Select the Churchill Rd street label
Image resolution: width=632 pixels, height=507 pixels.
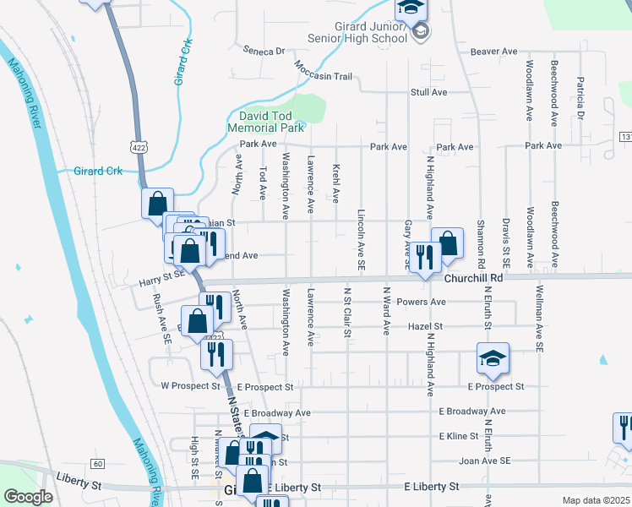pyautogui.click(x=473, y=277)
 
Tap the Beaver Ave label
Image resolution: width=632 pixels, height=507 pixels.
pyautogui.click(x=493, y=52)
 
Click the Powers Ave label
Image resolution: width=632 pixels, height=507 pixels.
pyautogui.click(x=426, y=302)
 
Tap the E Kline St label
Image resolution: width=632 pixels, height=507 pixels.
pyautogui.click(x=458, y=436)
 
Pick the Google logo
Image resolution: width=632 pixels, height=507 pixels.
pyautogui.click(x=28, y=497)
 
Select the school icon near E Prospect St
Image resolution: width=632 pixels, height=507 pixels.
pyautogui.click(x=493, y=359)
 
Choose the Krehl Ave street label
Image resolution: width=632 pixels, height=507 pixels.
pyautogui.click(x=336, y=184)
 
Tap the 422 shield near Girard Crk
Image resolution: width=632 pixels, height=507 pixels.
pyautogui.click(x=137, y=146)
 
